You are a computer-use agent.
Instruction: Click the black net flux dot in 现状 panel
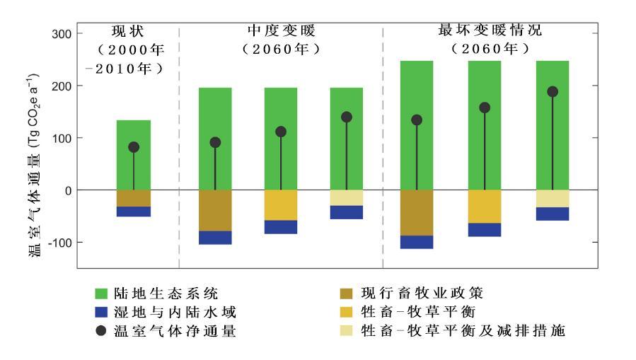134,147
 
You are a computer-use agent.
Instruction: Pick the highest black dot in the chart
553,92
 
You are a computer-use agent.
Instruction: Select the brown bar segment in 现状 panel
134,198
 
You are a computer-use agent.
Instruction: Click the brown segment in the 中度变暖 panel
215,210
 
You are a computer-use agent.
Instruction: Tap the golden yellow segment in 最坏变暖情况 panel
485,206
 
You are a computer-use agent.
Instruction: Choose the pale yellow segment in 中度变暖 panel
347,197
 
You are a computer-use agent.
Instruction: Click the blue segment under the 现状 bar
134,211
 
